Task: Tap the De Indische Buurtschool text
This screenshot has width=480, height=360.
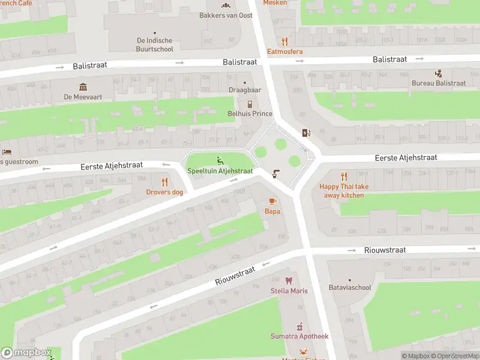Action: click(155, 45)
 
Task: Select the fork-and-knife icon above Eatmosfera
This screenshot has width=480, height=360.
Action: click(285, 41)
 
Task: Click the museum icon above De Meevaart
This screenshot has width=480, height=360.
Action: click(83, 86)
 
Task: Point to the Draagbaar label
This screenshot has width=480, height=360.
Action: click(245, 90)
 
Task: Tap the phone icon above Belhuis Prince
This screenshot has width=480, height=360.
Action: click(250, 104)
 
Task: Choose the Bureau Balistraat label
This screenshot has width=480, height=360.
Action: click(439, 83)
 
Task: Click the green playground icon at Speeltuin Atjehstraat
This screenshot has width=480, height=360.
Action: click(220, 160)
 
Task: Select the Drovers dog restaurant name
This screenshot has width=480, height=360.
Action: click(164, 192)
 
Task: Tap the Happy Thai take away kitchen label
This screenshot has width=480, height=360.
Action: click(344, 191)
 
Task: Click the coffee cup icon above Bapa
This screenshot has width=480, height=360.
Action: click(272, 201)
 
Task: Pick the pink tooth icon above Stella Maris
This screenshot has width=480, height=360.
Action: click(289, 281)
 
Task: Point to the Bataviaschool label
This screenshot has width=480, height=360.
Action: click(350, 287)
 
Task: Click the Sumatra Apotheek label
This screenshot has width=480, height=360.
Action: click(299, 337)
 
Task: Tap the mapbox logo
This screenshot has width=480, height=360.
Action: click(26, 353)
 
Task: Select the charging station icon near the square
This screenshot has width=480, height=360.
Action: click(307, 133)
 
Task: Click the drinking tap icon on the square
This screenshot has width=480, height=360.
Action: click(275, 174)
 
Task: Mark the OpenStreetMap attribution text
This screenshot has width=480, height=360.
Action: click(454, 356)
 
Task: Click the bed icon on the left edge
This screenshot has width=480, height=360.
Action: click(7, 152)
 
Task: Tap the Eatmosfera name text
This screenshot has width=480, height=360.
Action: click(285, 52)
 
